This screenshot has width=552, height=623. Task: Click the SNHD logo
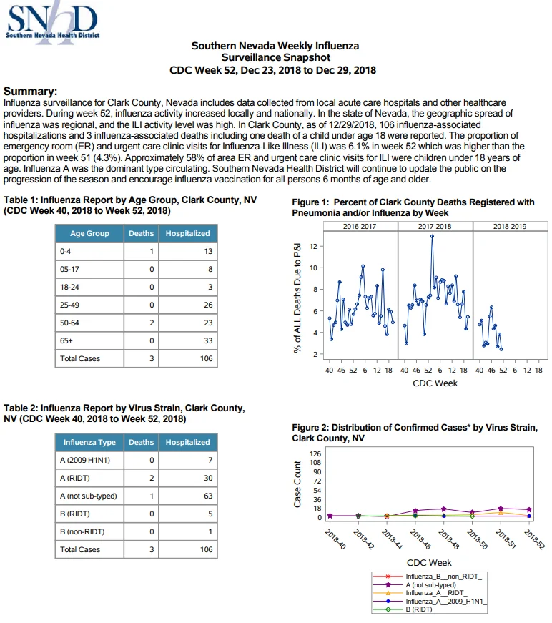click(51, 22)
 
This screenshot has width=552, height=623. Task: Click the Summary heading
click(30, 92)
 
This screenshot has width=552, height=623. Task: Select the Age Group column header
click(89, 234)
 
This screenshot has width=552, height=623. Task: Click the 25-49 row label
click(69, 305)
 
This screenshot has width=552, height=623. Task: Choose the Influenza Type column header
click(89, 442)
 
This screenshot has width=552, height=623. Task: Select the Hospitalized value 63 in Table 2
click(208, 496)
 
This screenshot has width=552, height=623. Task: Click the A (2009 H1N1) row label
click(85, 460)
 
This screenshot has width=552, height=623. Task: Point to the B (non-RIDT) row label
click(82, 531)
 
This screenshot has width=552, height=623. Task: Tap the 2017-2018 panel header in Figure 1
click(435, 227)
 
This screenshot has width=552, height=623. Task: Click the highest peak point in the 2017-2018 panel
click(432, 237)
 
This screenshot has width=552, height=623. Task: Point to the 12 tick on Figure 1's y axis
click(314, 246)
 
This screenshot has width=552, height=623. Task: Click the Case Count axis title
click(297, 484)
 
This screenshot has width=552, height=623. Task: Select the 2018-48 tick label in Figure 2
click(449, 539)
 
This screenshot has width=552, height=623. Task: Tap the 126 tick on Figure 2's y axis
click(315, 453)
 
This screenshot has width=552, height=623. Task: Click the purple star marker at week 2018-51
click(501, 509)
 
